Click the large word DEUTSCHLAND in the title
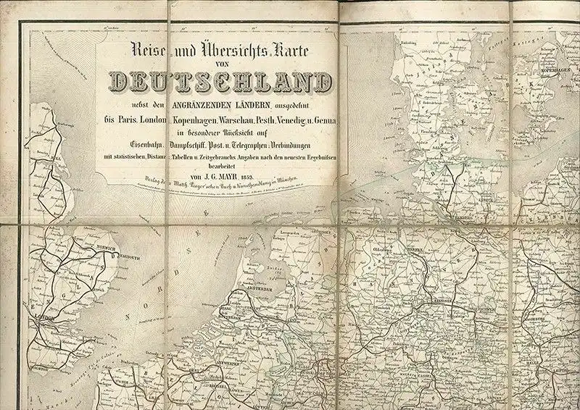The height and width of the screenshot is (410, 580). pyautogui.click(x=215, y=83)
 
